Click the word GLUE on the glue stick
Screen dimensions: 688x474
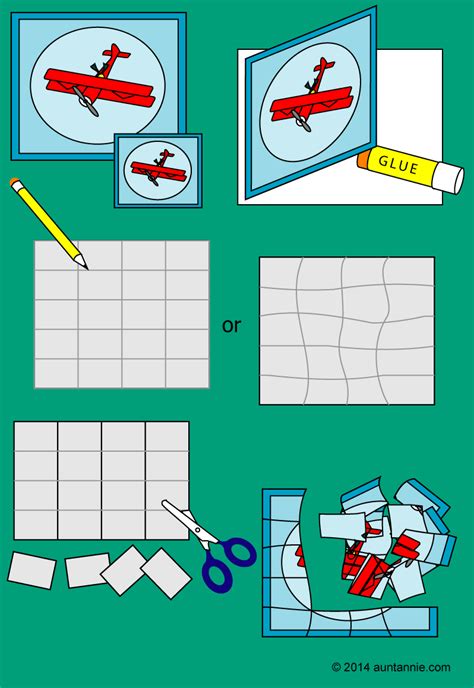click(x=399, y=162)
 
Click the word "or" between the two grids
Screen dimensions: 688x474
click(x=231, y=326)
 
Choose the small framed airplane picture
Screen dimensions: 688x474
click(x=155, y=169)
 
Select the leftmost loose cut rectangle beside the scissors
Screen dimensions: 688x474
click(x=32, y=569)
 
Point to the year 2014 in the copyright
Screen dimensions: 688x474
click(x=360, y=666)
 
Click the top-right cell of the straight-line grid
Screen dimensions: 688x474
click(x=188, y=255)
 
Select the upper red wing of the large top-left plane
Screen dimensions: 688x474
click(x=95, y=74)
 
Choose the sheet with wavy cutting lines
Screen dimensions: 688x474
click(x=347, y=330)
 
